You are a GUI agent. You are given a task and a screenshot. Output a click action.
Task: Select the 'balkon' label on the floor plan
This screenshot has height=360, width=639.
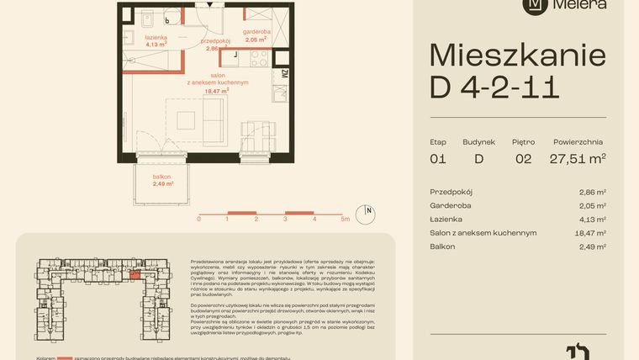pos(163,176)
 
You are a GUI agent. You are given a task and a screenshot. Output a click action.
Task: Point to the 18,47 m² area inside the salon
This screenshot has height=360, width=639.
pos(217,92)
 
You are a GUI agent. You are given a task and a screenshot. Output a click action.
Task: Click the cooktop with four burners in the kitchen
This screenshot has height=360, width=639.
pos(258,58)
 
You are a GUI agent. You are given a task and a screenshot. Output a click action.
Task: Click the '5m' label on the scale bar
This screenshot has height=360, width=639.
pos(345,218)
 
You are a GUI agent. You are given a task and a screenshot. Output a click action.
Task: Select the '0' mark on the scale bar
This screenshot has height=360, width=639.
pos(199,218)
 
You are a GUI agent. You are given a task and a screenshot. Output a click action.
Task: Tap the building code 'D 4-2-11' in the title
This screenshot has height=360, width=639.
pos(494,87)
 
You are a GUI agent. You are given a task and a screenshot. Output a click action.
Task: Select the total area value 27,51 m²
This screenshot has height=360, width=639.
pos(578,158)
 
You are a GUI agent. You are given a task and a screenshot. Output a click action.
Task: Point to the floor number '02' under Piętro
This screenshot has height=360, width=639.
pos(522,158)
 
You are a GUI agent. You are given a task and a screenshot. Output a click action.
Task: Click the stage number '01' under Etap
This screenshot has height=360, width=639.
pos(437,158)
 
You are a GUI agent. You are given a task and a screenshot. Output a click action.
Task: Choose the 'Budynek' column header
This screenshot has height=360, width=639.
pos(479,142)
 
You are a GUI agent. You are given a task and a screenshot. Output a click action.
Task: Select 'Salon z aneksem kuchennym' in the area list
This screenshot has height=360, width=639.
pos(483,233)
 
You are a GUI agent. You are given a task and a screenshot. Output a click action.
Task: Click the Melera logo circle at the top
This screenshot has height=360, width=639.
pos(532,5)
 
